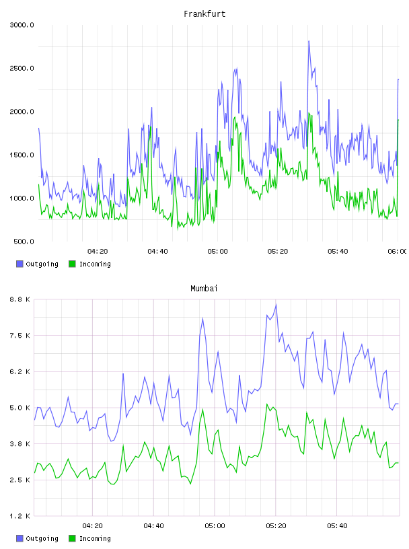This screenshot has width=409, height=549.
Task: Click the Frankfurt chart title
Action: click(x=204, y=14)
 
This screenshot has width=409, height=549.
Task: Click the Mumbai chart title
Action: click(x=204, y=289)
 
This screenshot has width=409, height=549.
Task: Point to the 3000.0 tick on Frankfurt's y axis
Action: click(x=22, y=25)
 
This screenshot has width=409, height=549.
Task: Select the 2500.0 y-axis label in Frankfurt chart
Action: click(x=22, y=68)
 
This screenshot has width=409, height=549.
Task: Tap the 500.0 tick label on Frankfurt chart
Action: click(x=24, y=242)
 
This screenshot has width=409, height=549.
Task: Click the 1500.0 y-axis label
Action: click(x=22, y=155)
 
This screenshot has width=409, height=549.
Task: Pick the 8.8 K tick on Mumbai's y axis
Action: click(x=20, y=299)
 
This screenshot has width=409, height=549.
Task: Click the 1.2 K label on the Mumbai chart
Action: click(x=20, y=516)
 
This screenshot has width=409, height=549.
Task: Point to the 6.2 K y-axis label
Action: click(x=20, y=372)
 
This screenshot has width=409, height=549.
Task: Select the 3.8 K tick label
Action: click(x=20, y=444)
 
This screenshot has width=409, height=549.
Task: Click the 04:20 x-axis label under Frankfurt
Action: click(x=98, y=252)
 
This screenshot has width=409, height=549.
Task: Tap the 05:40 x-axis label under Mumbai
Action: click(x=337, y=526)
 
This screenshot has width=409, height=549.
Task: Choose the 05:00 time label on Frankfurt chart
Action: click(x=217, y=252)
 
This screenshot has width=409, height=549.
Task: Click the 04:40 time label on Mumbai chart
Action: click(x=154, y=526)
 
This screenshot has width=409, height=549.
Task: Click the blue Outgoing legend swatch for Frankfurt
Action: click(x=20, y=264)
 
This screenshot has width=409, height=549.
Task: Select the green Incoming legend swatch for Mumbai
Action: click(x=72, y=538)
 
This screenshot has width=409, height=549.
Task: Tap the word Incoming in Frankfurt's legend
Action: click(x=95, y=264)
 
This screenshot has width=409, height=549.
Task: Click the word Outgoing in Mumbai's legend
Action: click(x=42, y=539)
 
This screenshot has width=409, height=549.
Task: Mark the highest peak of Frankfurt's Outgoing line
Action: click(x=309, y=41)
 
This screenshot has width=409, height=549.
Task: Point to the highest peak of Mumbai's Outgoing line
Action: click(x=276, y=305)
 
